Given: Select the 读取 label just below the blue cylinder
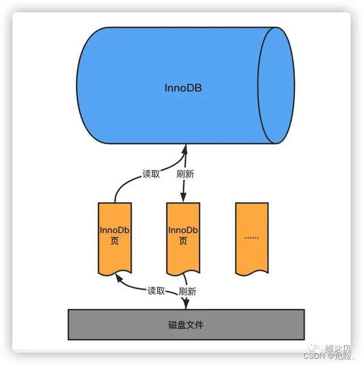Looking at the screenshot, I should (151, 174).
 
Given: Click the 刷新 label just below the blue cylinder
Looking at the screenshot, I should (185, 174).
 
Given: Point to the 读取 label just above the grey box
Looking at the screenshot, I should (156, 291).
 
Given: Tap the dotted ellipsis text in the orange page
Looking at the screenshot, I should (251, 237).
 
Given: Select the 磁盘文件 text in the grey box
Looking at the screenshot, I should (185, 325).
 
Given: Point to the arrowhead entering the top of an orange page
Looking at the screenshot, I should (183, 198).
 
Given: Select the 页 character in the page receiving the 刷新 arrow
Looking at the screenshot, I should (183, 241).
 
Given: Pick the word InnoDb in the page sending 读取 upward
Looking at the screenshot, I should (115, 230).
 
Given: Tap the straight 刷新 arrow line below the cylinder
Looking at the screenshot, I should (183, 181).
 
